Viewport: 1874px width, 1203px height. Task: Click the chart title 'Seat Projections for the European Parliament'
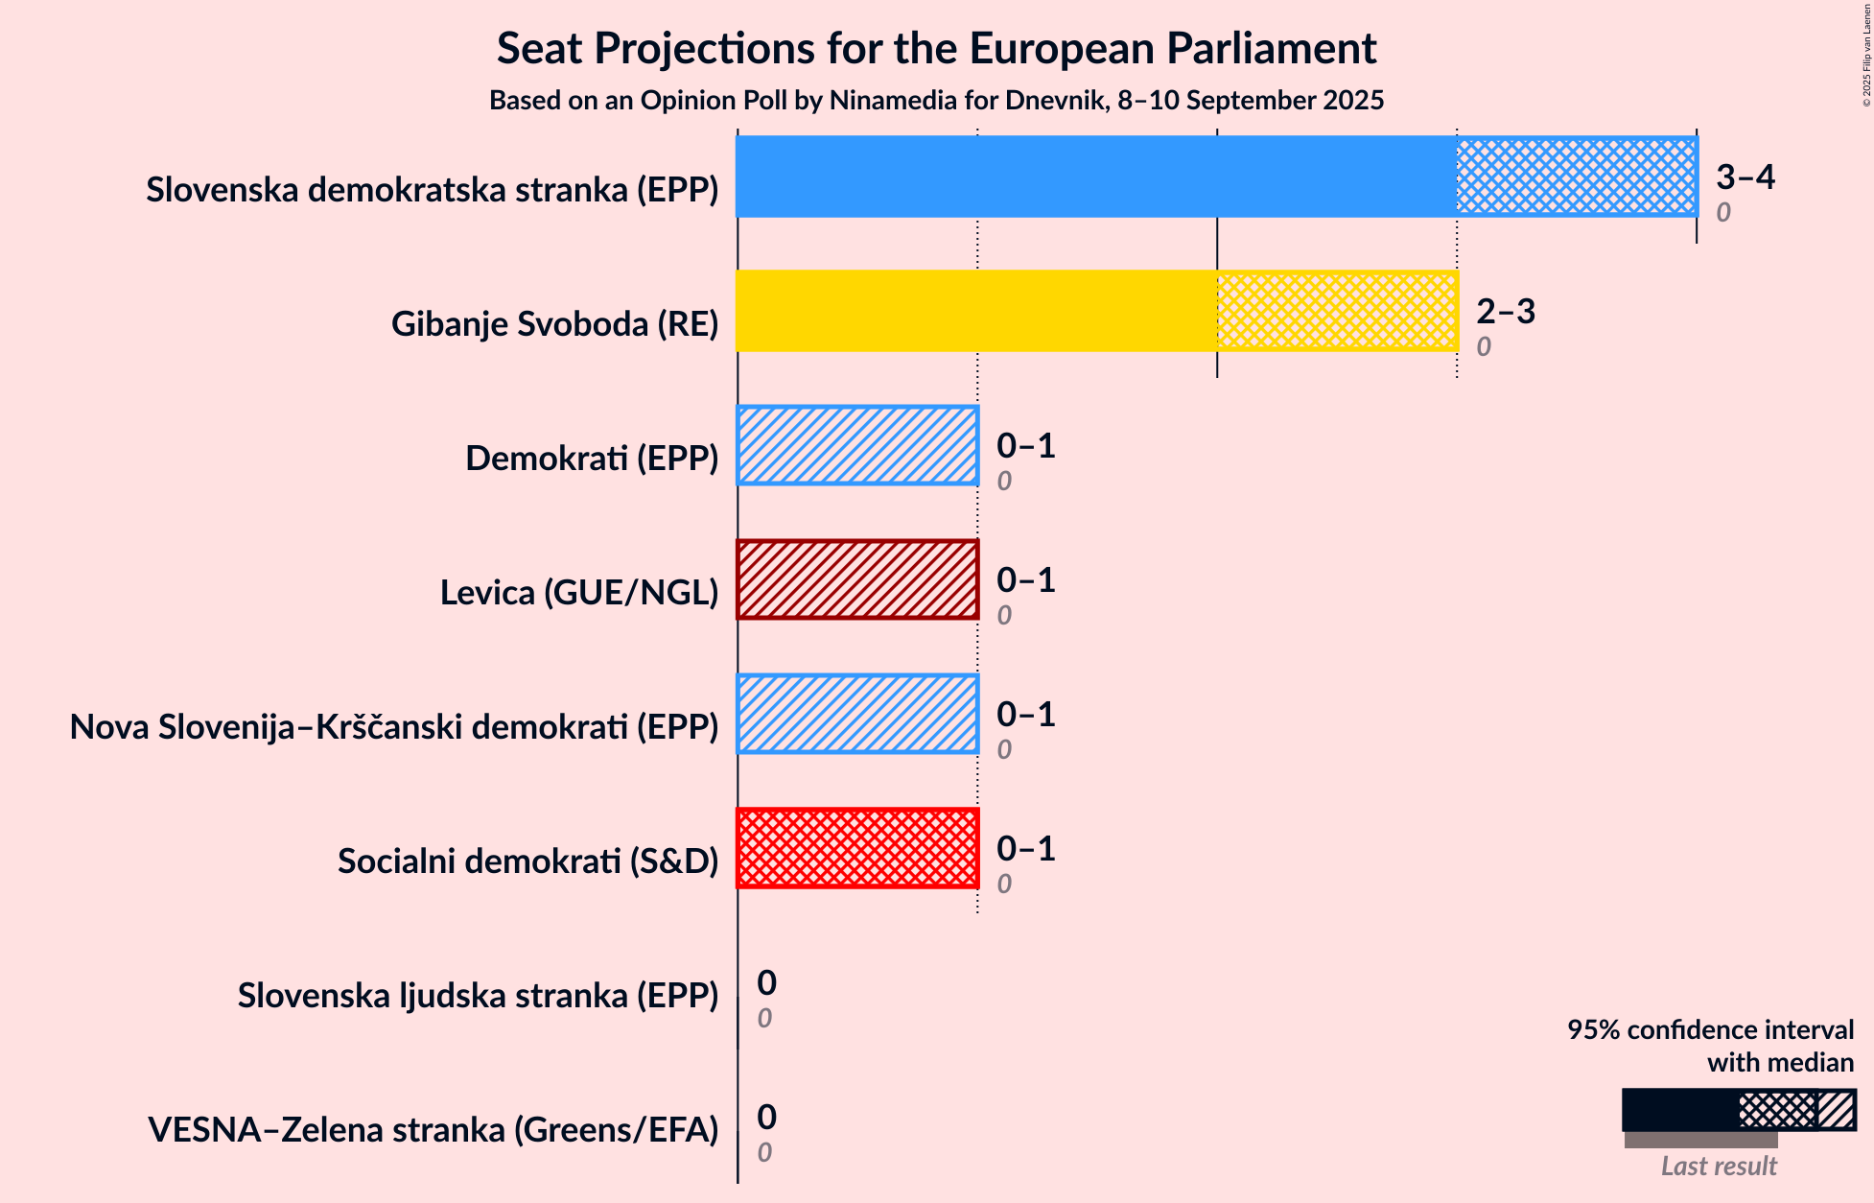point(936,49)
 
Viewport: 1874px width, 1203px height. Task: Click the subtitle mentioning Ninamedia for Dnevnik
point(936,101)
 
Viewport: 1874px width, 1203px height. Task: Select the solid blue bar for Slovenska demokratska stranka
point(1095,177)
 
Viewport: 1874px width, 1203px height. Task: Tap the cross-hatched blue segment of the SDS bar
point(1576,177)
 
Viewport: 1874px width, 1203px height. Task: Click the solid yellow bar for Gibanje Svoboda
point(976,311)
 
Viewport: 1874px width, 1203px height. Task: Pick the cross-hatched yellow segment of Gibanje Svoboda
point(1336,311)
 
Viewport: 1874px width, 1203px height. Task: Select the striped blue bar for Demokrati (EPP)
point(857,445)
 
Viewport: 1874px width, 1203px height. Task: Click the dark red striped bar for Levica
point(857,579)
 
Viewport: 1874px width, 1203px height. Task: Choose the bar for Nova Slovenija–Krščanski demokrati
point(857,714)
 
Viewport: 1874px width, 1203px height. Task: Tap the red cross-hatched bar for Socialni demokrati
point(857,848)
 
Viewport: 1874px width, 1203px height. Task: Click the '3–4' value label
point(1745,177)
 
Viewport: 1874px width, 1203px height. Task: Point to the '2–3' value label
point(1505,311)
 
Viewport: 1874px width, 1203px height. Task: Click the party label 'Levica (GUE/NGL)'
point(578,593)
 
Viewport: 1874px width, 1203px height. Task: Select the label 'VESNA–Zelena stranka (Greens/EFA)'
point(433,1130)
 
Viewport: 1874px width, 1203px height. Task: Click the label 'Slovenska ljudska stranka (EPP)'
point(478,996)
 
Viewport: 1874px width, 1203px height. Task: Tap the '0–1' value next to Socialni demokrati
point(1025,848)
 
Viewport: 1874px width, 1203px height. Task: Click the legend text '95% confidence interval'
point(1710,1029)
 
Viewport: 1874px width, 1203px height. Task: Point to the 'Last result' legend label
point(1719,1166)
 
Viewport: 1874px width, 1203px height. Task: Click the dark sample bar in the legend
point(1679,1110)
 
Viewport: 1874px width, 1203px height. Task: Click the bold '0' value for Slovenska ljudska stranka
point(766,982)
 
